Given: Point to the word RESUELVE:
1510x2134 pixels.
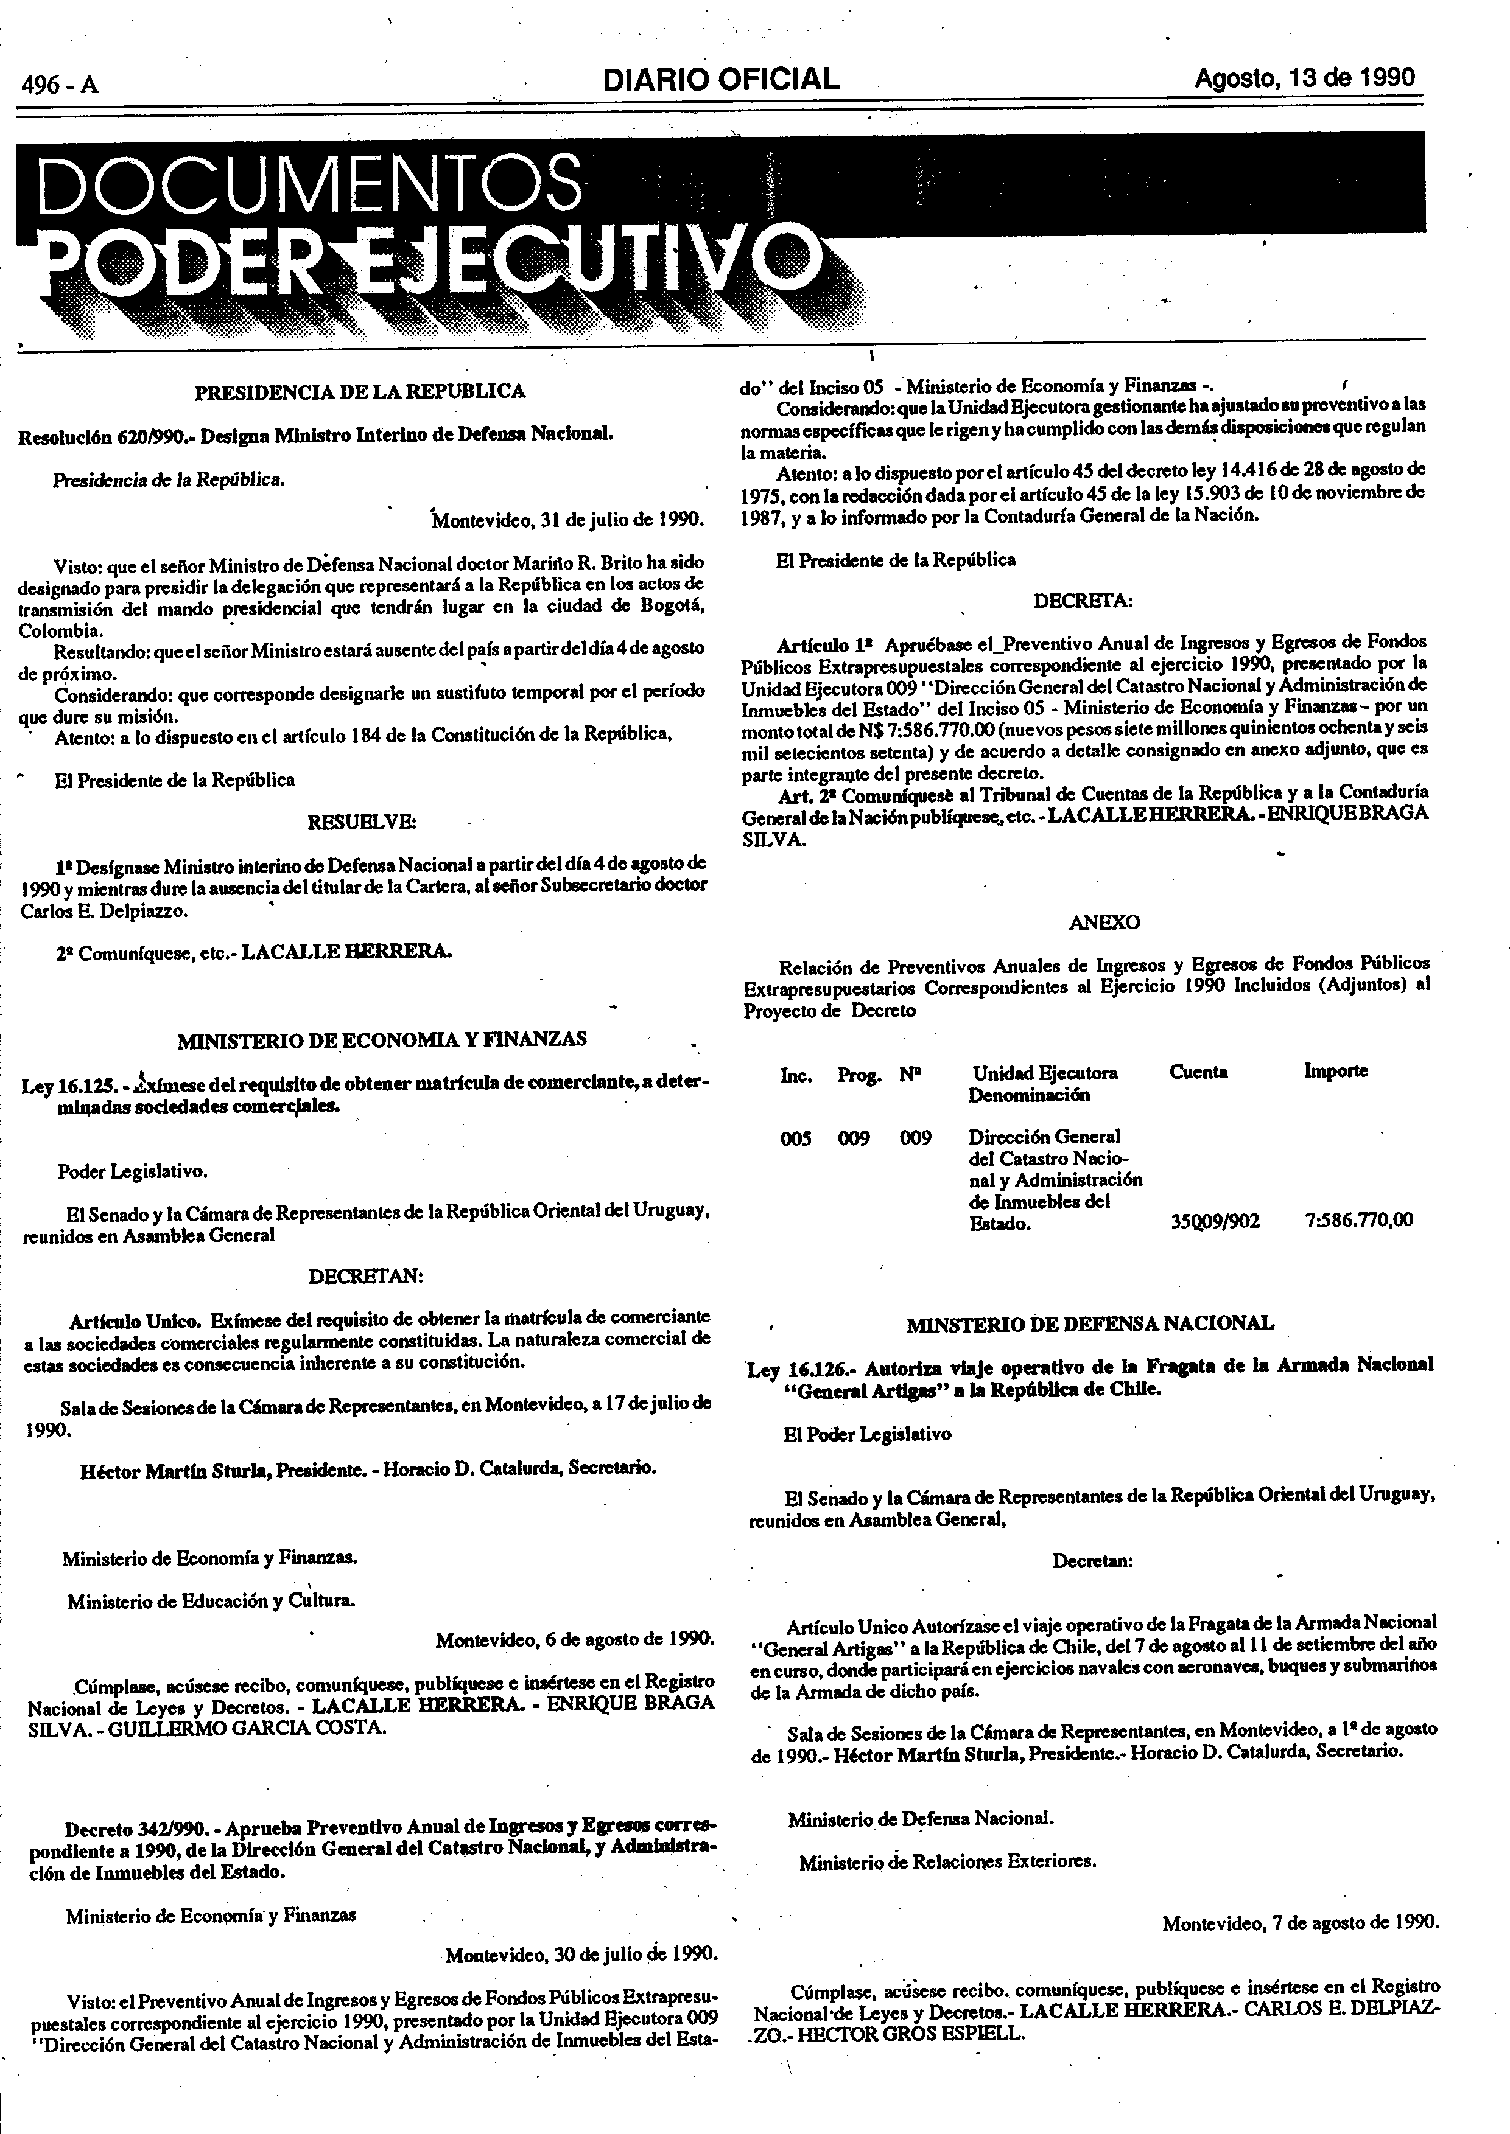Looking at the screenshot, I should (x=362, y=821).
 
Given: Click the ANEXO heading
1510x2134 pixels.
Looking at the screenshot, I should (x=1104, y=923).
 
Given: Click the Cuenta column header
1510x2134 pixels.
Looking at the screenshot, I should (x=1198, y=1072).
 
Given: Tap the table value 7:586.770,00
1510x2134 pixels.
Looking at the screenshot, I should (x=1358, y=1221).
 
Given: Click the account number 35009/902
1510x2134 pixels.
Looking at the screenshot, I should (x=1215, y=1221).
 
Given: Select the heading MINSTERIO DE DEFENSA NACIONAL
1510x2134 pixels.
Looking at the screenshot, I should (x=1090, y=1323).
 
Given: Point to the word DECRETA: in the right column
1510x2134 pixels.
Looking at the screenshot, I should (x=1083, y=601).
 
